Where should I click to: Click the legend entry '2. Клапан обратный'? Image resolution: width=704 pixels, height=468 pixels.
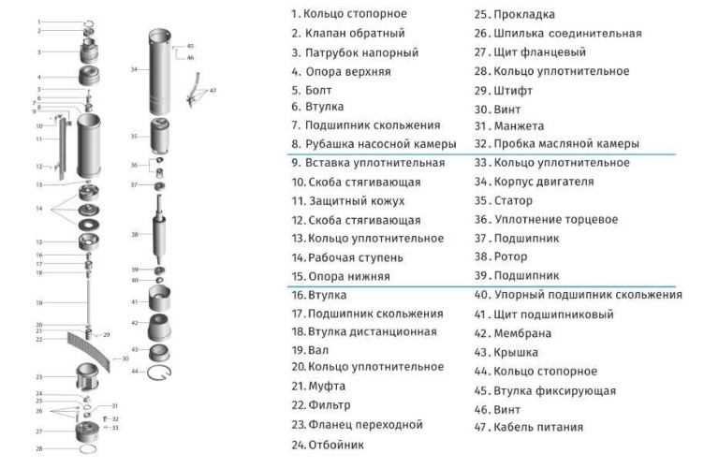pos(347,34)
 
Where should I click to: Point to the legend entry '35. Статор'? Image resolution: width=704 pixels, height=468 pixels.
pos(511,200)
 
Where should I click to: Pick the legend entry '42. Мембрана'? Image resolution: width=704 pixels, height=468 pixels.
pos(520,333)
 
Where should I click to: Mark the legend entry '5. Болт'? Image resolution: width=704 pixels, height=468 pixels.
pos(314,90)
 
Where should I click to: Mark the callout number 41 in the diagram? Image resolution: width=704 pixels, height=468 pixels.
pos(135,301)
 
